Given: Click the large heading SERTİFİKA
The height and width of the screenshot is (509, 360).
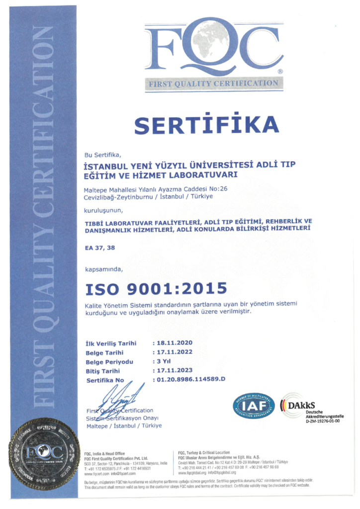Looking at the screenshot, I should pos(207,125).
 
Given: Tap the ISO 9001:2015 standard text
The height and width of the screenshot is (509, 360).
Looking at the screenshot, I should pos(156,288).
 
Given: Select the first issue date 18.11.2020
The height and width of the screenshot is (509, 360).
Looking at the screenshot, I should pos(175,343).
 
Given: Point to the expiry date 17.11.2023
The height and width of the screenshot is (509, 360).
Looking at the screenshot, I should pos(175,370).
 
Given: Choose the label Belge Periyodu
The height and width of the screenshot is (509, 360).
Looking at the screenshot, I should pos(109,362).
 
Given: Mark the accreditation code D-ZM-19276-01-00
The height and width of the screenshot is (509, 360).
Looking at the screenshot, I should pos(323,421).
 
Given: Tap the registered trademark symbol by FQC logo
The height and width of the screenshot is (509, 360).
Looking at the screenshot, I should pos(280,72).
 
